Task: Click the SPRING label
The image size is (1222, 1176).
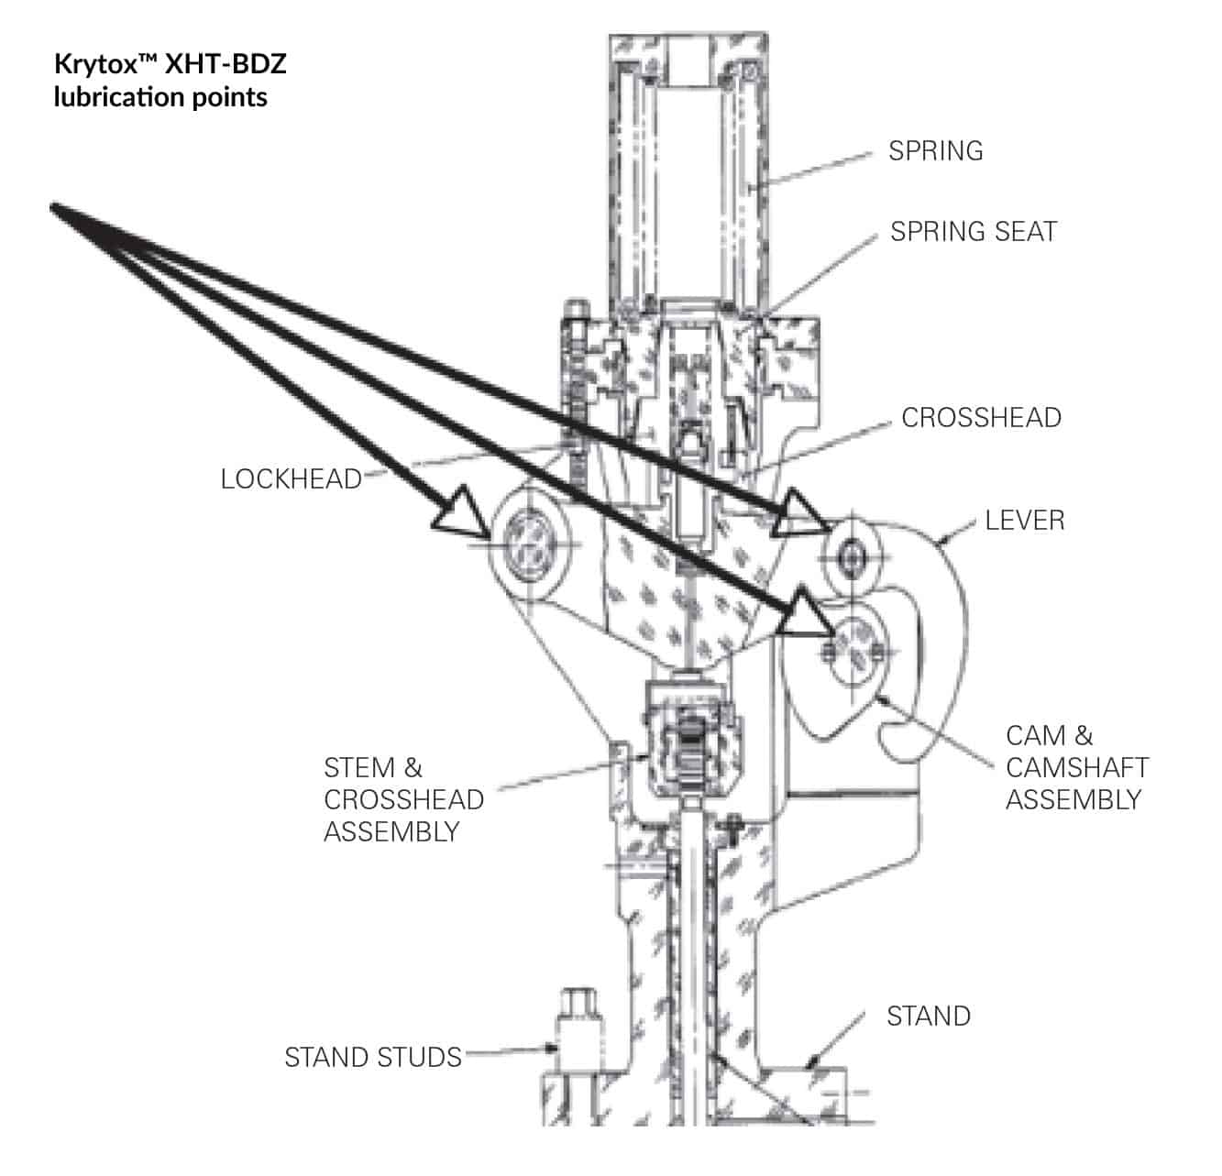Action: (935, 150)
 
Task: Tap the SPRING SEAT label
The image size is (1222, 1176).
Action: (973, 231)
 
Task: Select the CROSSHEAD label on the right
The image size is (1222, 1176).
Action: (981, 417)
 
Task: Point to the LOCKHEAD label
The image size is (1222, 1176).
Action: (292, 478)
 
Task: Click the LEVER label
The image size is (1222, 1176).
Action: (1024, 520)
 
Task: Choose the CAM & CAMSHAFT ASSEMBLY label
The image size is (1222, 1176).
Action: (1076, 767)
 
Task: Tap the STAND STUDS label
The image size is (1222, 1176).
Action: (372, 1057)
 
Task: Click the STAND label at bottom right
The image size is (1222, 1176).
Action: (928, 1016)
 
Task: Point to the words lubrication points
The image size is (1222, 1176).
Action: (160, 97)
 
